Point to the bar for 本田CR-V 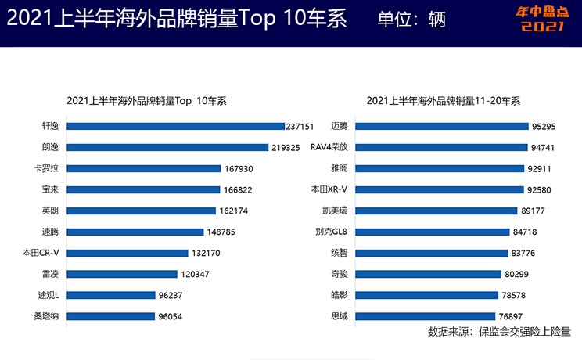[129, 253]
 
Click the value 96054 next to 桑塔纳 [174, 317]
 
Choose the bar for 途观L [114, 296]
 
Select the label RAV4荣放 [329, 147]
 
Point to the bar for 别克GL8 [440, 232]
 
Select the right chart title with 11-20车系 [443, 101]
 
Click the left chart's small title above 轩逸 [146, 101]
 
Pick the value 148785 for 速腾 [223, 232]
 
